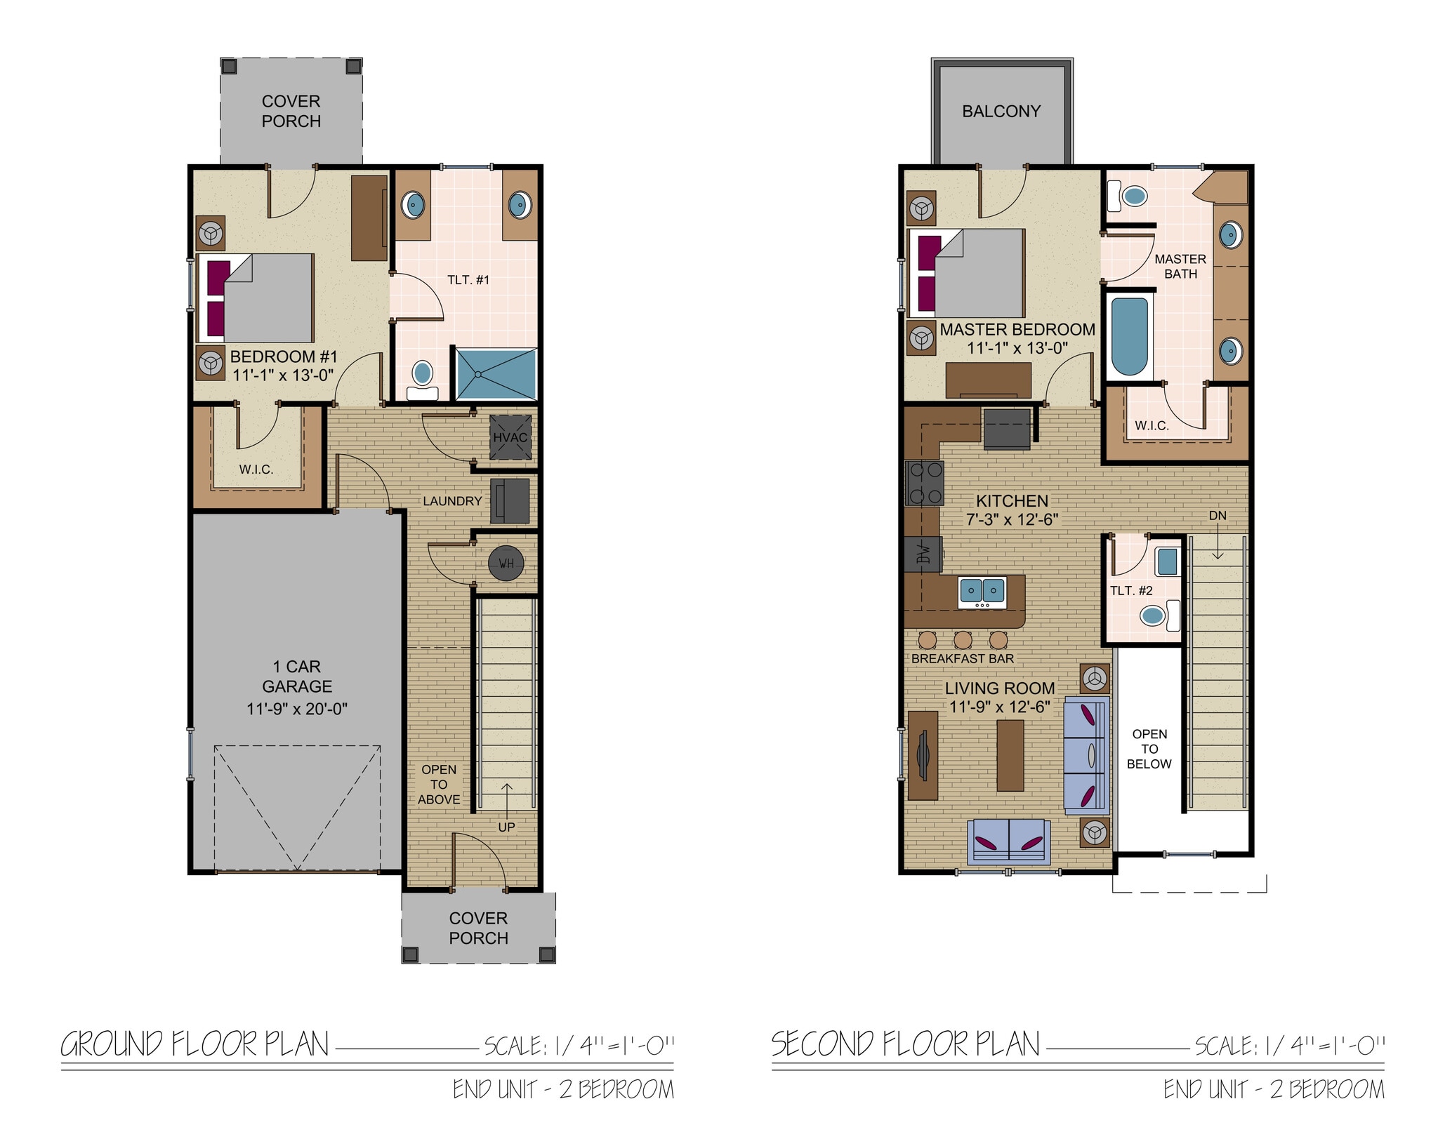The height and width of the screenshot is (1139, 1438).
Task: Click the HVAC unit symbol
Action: pos(510,437)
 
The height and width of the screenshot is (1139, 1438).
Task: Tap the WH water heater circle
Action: pos(506,563)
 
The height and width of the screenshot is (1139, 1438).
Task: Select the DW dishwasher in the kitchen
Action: pos(923,554)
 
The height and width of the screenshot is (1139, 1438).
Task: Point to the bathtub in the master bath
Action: pos(1129,337)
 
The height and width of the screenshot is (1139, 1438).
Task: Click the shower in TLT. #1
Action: pos(496,373)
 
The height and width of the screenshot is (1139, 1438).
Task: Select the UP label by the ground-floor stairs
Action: pos(506,827)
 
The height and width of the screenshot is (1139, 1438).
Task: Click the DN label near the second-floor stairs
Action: pos(1218,516)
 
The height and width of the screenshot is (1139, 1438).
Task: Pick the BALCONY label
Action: pos(1001,112)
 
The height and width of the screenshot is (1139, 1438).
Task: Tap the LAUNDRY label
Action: pos(452,501)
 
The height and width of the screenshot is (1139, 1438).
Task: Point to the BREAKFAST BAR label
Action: pos(963,659)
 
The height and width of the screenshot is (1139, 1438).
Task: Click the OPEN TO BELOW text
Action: pos(1149,749)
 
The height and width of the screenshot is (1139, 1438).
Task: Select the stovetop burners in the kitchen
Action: pos(925,483)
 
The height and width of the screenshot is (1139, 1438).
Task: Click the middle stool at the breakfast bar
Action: pos(963,639)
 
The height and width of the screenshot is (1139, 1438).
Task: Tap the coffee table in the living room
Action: pos(1010,756)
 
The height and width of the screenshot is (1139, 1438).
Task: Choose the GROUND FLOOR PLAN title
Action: pos(195,1045)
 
